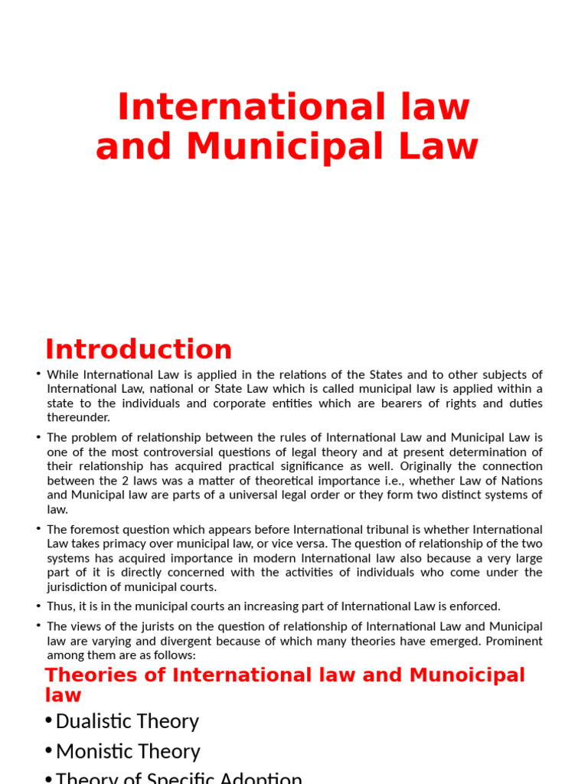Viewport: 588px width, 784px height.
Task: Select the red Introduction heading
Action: [139, 349]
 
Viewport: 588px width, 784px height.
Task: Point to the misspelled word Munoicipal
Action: [467, 675]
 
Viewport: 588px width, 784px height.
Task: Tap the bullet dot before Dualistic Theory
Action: [48, 721]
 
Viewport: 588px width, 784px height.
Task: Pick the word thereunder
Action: [78, 417]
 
